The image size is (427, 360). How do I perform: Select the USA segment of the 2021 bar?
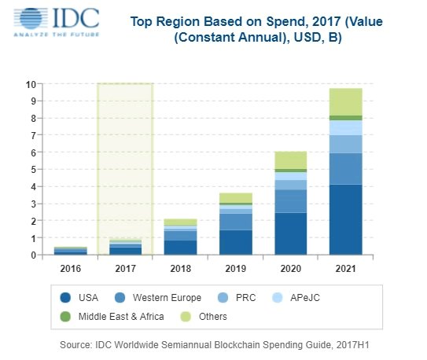[345, 219]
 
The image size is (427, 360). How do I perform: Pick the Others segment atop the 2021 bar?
[345, 101]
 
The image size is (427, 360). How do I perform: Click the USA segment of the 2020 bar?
[290, 233]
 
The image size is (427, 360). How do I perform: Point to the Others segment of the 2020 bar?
[290, 160]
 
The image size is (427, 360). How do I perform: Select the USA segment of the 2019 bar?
[235, 242]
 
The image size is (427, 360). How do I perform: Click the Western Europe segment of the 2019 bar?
[235, 222]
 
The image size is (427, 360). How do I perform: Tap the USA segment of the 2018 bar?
[180, 247]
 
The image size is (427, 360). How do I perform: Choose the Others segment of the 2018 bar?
[180, 222]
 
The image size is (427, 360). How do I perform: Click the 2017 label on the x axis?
[125, 267]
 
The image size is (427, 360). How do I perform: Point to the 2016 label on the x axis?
[70, 267]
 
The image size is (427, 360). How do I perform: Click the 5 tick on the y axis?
[32, 169]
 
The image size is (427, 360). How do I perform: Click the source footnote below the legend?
[213, 345]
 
